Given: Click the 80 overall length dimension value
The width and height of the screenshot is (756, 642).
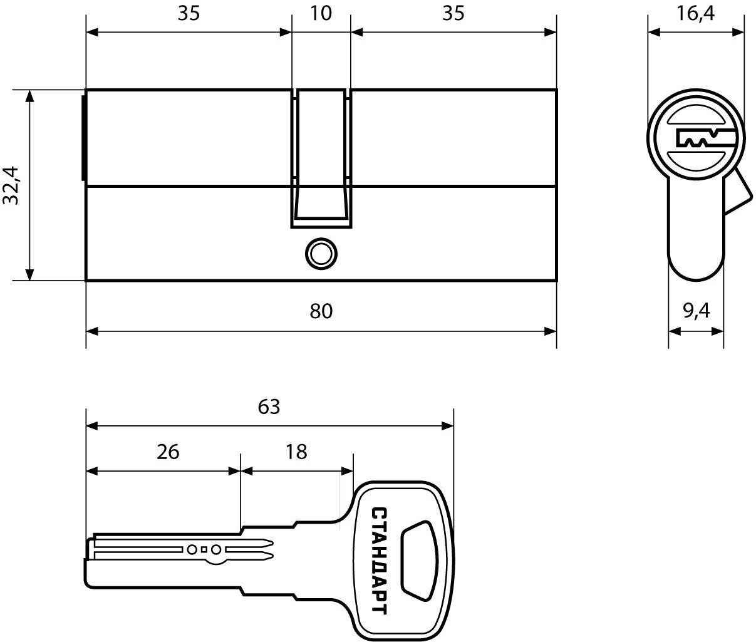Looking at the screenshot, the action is (x=321, y=311).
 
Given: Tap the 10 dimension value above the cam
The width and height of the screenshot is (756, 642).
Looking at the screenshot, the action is (x=321, y=13).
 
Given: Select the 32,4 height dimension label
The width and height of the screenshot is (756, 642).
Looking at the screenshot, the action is (x=11, y=185).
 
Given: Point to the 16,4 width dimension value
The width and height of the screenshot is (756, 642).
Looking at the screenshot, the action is (x=695, y=14).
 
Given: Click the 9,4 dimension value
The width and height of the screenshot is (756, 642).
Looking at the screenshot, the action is (x=696, y=311).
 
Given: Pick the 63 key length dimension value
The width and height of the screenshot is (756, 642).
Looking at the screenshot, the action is (x=269, y=406).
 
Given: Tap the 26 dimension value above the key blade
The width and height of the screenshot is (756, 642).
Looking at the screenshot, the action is (x=168, y=452).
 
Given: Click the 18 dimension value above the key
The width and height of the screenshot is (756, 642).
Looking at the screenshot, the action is (x=296, y=452).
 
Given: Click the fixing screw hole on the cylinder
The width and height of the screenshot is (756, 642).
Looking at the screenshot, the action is (x=321, y=254).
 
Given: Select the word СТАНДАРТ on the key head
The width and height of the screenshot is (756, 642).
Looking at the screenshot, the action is (x=379, y=561).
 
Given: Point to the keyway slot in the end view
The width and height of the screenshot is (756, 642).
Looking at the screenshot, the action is (x=705, y=138).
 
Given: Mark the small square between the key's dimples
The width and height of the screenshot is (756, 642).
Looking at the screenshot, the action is (x=204, y=549).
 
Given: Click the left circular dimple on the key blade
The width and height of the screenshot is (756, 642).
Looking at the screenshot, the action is (x=192, y=549).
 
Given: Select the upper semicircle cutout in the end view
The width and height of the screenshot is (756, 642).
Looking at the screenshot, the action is (x=696, y=116).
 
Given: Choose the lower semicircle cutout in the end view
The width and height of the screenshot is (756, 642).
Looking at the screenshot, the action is (x=696, y=162).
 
